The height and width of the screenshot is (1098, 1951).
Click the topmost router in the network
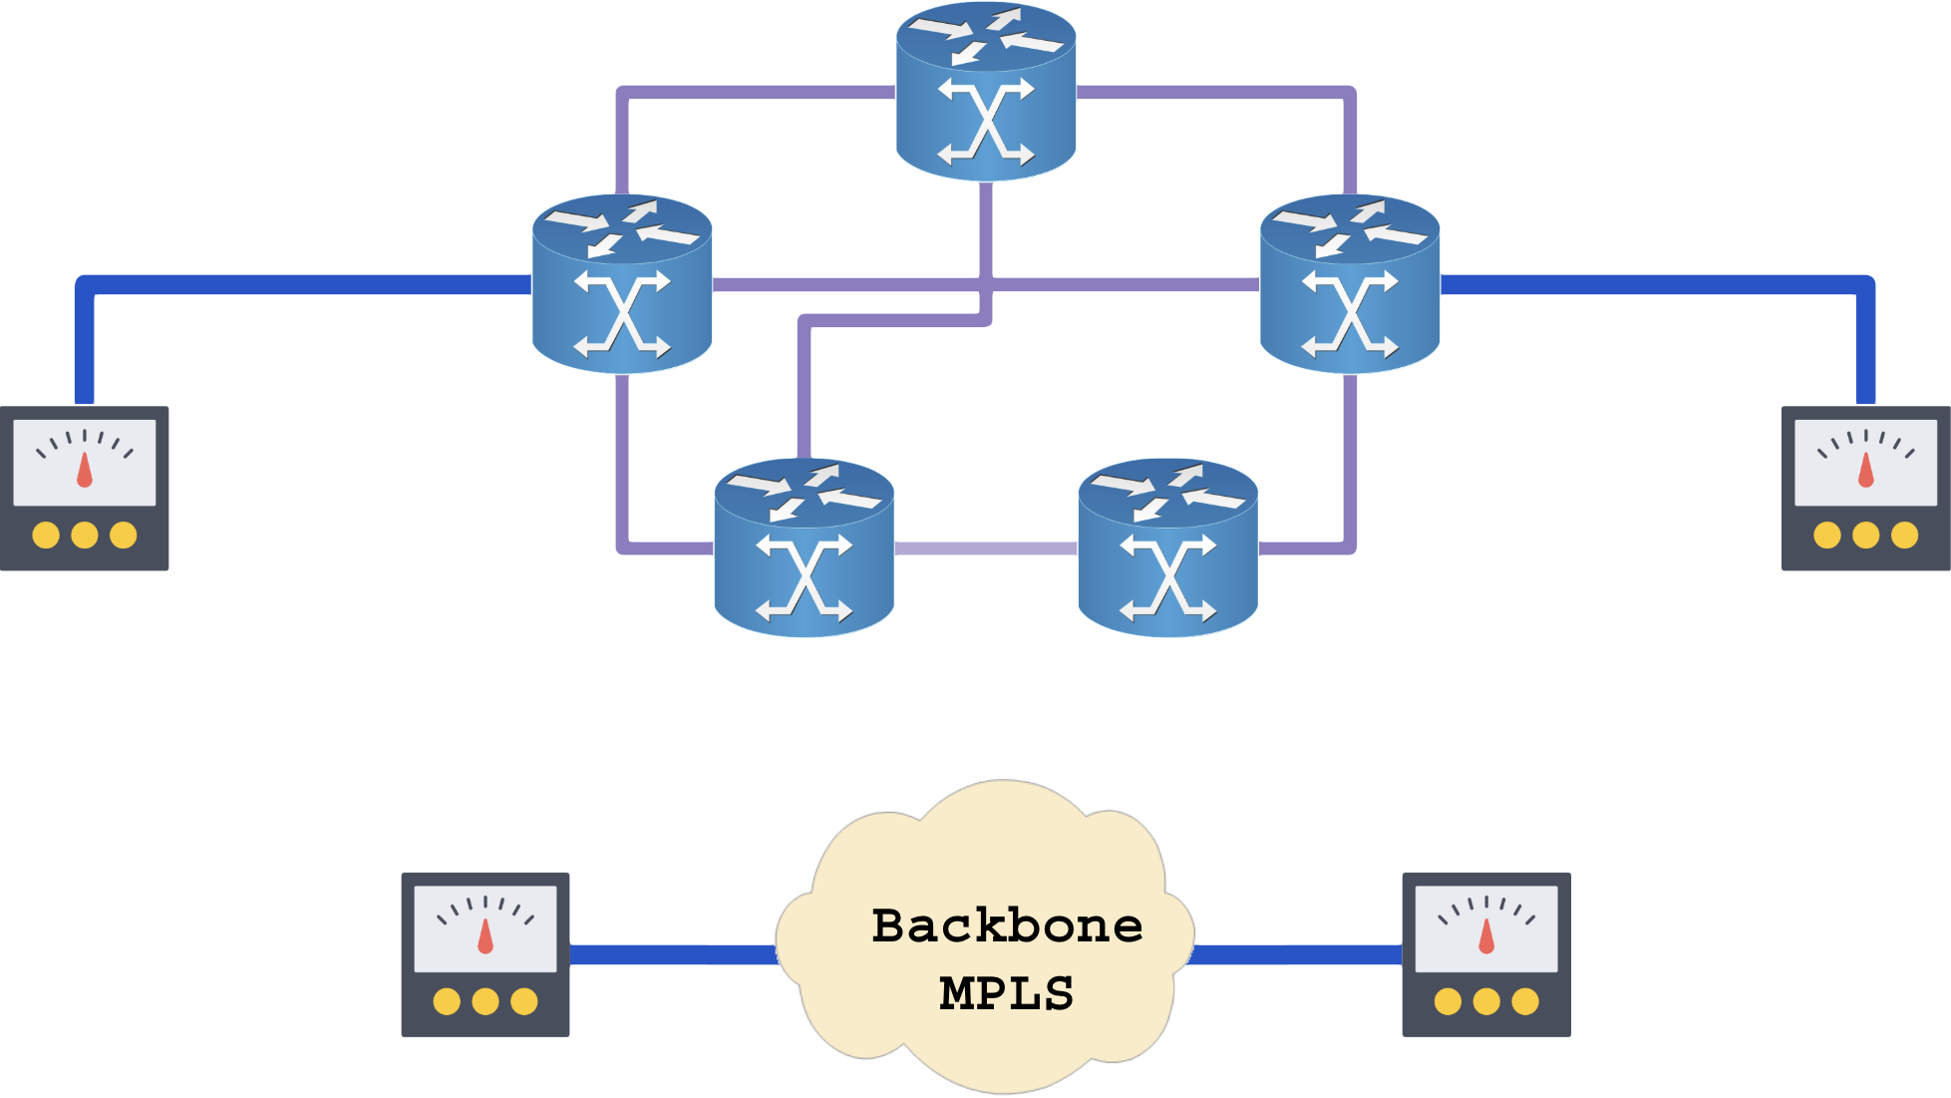985,93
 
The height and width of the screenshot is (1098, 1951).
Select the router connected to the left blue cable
622,285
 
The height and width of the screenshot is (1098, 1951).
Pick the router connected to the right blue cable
1349,285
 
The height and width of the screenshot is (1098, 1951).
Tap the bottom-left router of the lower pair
804,548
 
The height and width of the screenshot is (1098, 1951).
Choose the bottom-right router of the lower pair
1167,548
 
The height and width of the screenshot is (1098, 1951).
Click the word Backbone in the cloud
1006,925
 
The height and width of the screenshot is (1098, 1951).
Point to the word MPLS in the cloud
1006,993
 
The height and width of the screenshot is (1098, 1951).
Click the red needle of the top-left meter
85,471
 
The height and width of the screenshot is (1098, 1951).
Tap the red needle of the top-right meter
1865,471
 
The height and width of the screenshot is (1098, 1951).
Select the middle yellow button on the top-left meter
85,536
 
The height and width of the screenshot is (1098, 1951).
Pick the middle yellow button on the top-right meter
1865,536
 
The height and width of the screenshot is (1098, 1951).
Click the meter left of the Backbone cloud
486,954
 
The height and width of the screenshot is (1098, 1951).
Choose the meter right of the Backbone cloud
1486,954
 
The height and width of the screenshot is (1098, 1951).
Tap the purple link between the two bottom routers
986,548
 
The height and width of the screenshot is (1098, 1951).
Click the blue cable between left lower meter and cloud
673,954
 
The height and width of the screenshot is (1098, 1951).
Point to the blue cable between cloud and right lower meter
1296,954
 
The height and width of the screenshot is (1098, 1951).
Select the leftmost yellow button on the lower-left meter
447,1001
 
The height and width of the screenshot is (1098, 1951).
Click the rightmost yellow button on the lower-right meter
1525,1001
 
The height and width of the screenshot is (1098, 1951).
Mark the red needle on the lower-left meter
486,937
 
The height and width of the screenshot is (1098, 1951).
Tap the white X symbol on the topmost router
986,122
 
